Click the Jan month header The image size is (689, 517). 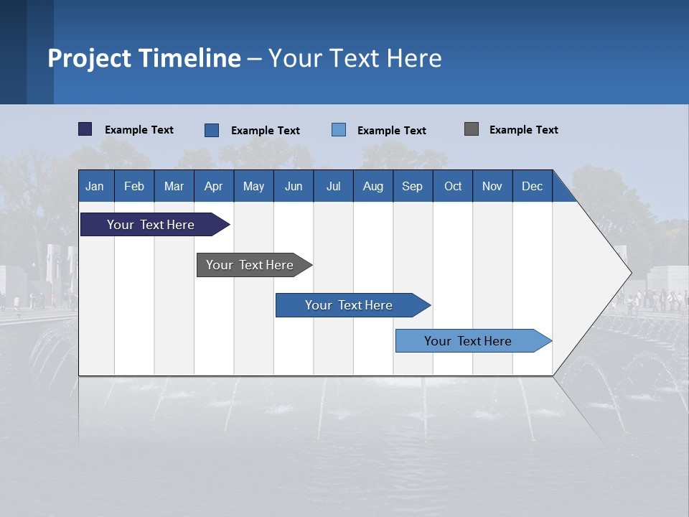[x=95, y=186]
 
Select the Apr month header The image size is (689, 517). [x=213, y=186]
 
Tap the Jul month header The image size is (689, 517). [x=333, y=186]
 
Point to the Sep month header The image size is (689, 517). [x=412, y=186]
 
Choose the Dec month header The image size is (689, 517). [x=532, y=186]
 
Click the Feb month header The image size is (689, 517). [x=134, y=186]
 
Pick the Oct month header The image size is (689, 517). [x=453, y=186]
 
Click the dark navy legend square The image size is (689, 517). [x=85, y=129]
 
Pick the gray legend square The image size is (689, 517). [x=472, y=129]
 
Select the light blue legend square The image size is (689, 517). [x=339, y=130]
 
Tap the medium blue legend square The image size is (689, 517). [x=212, y=130]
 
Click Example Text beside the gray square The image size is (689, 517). [x=523, y=130]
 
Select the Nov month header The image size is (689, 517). [x=492, y=186]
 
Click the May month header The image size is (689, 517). [x=253, y=186]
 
